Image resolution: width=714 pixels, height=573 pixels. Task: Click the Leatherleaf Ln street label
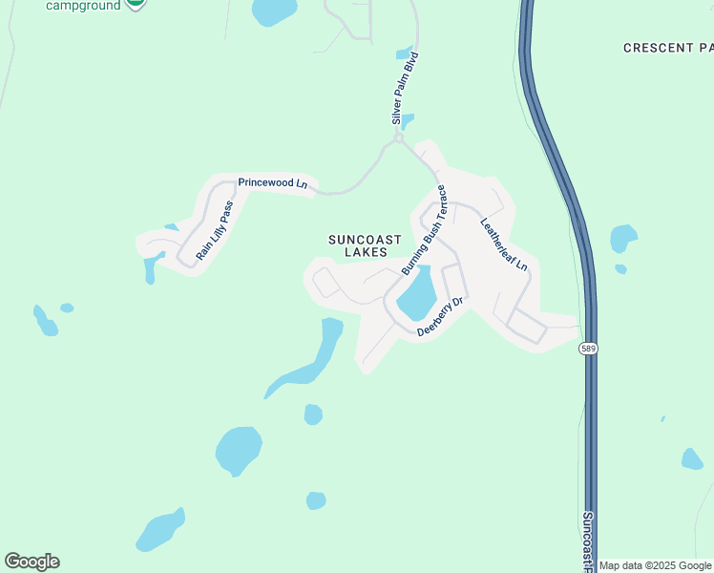(x=504, y=245)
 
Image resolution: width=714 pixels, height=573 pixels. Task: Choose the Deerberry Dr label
(x=440, y=317)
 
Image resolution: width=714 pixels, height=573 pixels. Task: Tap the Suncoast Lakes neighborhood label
(x=358, y=245)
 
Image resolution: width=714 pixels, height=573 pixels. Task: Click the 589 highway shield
(x=589, y=350)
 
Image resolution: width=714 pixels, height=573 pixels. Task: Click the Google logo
(x=31, y=562)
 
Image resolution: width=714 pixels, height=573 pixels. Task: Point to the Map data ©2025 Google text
(x=655, y=565)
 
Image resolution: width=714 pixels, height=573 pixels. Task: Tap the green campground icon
(x=136, y=3)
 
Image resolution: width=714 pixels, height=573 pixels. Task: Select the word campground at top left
(x=83, y=5)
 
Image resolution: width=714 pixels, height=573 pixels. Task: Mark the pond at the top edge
(x=275, y=11)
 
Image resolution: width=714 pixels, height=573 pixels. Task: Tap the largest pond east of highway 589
(x=623, y=238)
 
